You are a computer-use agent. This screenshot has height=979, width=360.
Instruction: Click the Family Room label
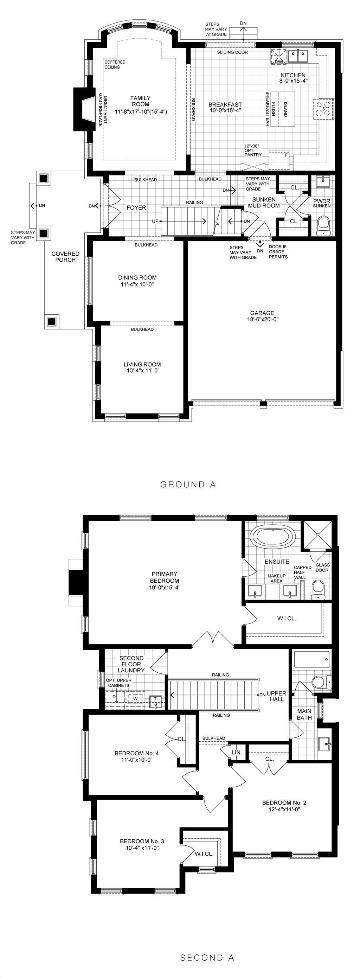pyautogui.click(x=141, y=101)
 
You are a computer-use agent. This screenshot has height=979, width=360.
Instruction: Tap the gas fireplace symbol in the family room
pyautogui.click(x=84, y=109)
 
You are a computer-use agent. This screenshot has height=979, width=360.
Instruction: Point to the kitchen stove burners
pyautogui.click(x=323, y=109)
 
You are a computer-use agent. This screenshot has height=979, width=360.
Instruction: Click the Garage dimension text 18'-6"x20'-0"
pyautogui.click(x=263, y=319)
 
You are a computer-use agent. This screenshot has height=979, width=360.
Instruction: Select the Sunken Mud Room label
pyautogui.click(x=264, y=203)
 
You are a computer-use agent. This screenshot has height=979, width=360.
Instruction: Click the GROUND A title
pyautogui.click(x=188, y=485)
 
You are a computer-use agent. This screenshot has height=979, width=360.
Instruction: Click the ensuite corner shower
pyautogui.click(x=316, y=535)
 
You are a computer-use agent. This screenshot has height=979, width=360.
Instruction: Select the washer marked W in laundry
pyautogui.click(x=136, y=698)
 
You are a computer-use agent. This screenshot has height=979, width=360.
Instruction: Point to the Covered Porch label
pyautogui.click(x=65, y=257)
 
